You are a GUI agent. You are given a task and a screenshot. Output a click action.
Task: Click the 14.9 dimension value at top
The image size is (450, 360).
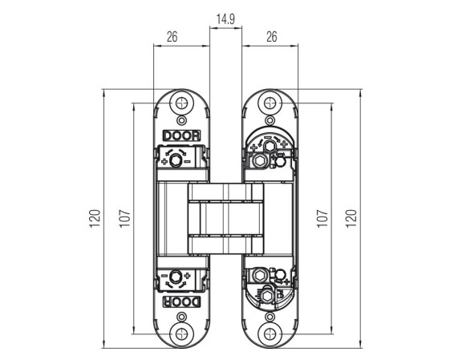click(225, 19)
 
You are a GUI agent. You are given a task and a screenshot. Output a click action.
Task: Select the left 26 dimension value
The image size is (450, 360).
click(172, 37)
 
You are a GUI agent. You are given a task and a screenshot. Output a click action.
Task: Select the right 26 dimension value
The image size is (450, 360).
click(271, 37)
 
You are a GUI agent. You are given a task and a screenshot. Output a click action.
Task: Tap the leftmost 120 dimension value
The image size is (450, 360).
click(95, 219)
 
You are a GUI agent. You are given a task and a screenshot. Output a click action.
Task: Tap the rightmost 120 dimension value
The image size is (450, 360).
click(351, 219)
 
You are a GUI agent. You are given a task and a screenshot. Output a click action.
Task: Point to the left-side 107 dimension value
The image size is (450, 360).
click(125, 219)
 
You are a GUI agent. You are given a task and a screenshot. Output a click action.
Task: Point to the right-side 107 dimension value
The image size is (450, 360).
click(322, 219)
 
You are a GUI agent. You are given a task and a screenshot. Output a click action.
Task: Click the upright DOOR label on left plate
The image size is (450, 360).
click(181, 136)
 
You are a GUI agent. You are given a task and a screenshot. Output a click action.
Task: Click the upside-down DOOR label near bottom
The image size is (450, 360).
click(181, 301)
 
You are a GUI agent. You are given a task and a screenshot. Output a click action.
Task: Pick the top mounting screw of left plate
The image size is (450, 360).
click(181, 103)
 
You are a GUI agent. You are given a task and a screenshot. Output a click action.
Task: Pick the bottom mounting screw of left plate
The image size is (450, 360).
click(181, 334)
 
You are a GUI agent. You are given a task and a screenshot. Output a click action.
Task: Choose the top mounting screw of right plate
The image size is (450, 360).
click(270, 103)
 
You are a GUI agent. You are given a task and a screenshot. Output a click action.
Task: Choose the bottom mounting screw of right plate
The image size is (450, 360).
click(270, 334)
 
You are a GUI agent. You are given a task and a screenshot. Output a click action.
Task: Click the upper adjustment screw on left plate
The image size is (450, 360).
click(175, 160)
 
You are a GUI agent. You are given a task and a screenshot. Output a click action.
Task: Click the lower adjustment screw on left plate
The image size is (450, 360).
click(175, 277)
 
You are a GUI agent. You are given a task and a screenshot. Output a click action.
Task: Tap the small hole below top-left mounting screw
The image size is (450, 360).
click(181, 120)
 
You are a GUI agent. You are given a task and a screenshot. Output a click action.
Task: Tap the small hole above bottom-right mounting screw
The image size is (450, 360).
click(270, 317)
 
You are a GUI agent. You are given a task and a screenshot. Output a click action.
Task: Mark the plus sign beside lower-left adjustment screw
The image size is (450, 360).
click(187, 276)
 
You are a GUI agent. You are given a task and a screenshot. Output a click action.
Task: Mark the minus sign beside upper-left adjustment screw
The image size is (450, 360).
click(187, 161)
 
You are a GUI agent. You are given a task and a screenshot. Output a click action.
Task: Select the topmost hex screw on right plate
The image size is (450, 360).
click(270, 147)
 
